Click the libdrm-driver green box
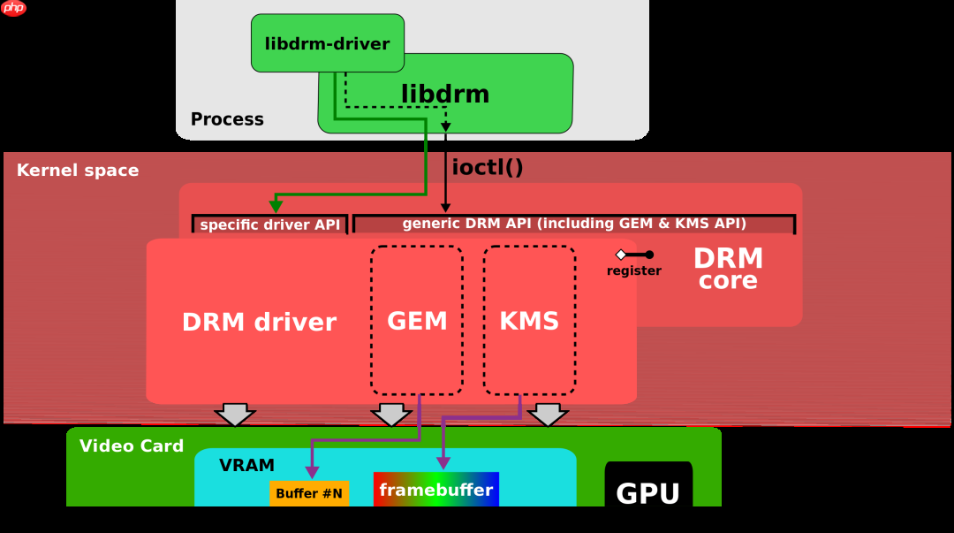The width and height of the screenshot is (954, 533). [x=327, y=43]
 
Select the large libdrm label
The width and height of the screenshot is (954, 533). [x=445, y=94]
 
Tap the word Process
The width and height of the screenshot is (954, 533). [x=227, y=119]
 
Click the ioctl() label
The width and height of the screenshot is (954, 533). [x=488, y=167]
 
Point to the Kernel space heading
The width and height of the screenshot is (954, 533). [x=78, y=171]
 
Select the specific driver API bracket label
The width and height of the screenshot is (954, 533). [x=269, y=225]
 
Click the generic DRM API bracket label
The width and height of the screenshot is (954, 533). [x=574, y=224]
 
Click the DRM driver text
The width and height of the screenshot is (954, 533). [x=259, y=323]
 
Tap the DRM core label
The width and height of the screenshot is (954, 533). [x=728, y=269]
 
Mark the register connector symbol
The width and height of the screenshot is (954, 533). [x=634, y=255]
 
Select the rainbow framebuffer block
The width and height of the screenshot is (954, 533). [x=436, y=490]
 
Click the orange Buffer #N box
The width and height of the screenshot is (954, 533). [x=309, y=493]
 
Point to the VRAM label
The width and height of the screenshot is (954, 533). [x=246, y=465]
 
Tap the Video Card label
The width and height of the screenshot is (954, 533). [x=132, y=446]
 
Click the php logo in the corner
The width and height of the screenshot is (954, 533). [x=14, y=9]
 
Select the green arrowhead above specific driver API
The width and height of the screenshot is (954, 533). [x=276, y=206]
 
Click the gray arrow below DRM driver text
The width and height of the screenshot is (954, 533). [x=235, y=414]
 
